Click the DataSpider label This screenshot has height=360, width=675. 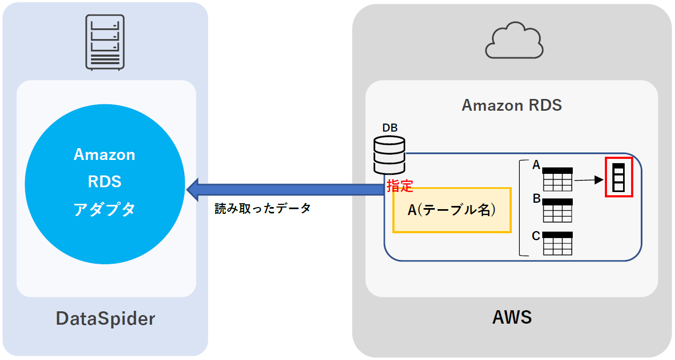click(105, 319)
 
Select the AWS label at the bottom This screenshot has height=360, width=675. click(512, 317)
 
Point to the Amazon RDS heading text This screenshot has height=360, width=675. click(512, 105)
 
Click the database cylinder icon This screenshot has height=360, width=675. click(389, 155)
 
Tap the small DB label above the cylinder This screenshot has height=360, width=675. click(390, 128)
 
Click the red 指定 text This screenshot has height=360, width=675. click(399, 186)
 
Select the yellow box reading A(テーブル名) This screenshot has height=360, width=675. click(452, 210)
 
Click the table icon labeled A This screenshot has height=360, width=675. click(558, 179)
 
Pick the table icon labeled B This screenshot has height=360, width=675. click(558, 210)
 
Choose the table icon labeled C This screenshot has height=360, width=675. click(558, 243)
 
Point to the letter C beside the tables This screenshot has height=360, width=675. click(536, 236)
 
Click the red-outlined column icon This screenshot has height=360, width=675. click(619, 177)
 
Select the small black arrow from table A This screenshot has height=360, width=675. click(591, 181)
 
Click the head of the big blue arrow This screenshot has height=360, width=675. click(194, 188)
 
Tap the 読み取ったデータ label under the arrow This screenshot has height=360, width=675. click(262, 209)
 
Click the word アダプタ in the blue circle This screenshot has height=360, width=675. click(104, 209)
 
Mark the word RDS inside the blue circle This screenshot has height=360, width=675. click(104, 182)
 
